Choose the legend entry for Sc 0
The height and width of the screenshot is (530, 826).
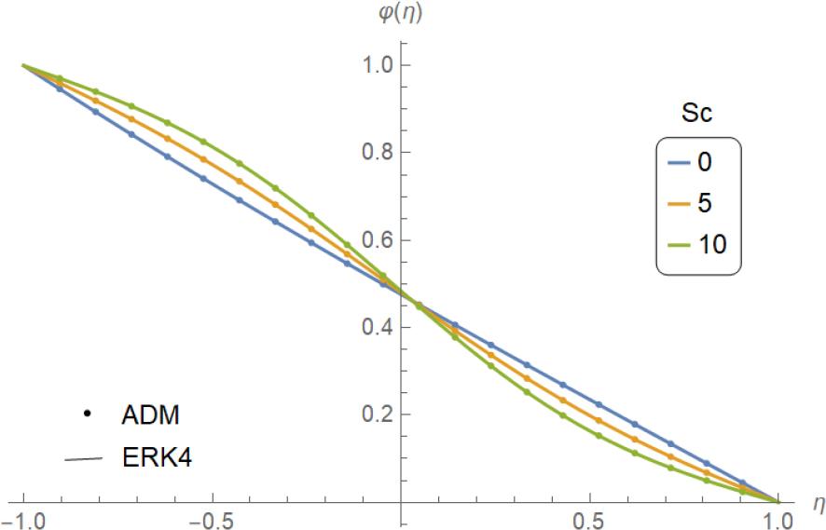(x=705, y=161)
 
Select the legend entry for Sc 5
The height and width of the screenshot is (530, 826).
(x=705, y=202)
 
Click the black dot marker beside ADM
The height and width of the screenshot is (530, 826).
(x=86, y=413)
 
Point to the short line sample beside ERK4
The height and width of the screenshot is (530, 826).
(x=85, y=457)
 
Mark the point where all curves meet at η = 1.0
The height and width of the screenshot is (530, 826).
(x=778, y=501)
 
